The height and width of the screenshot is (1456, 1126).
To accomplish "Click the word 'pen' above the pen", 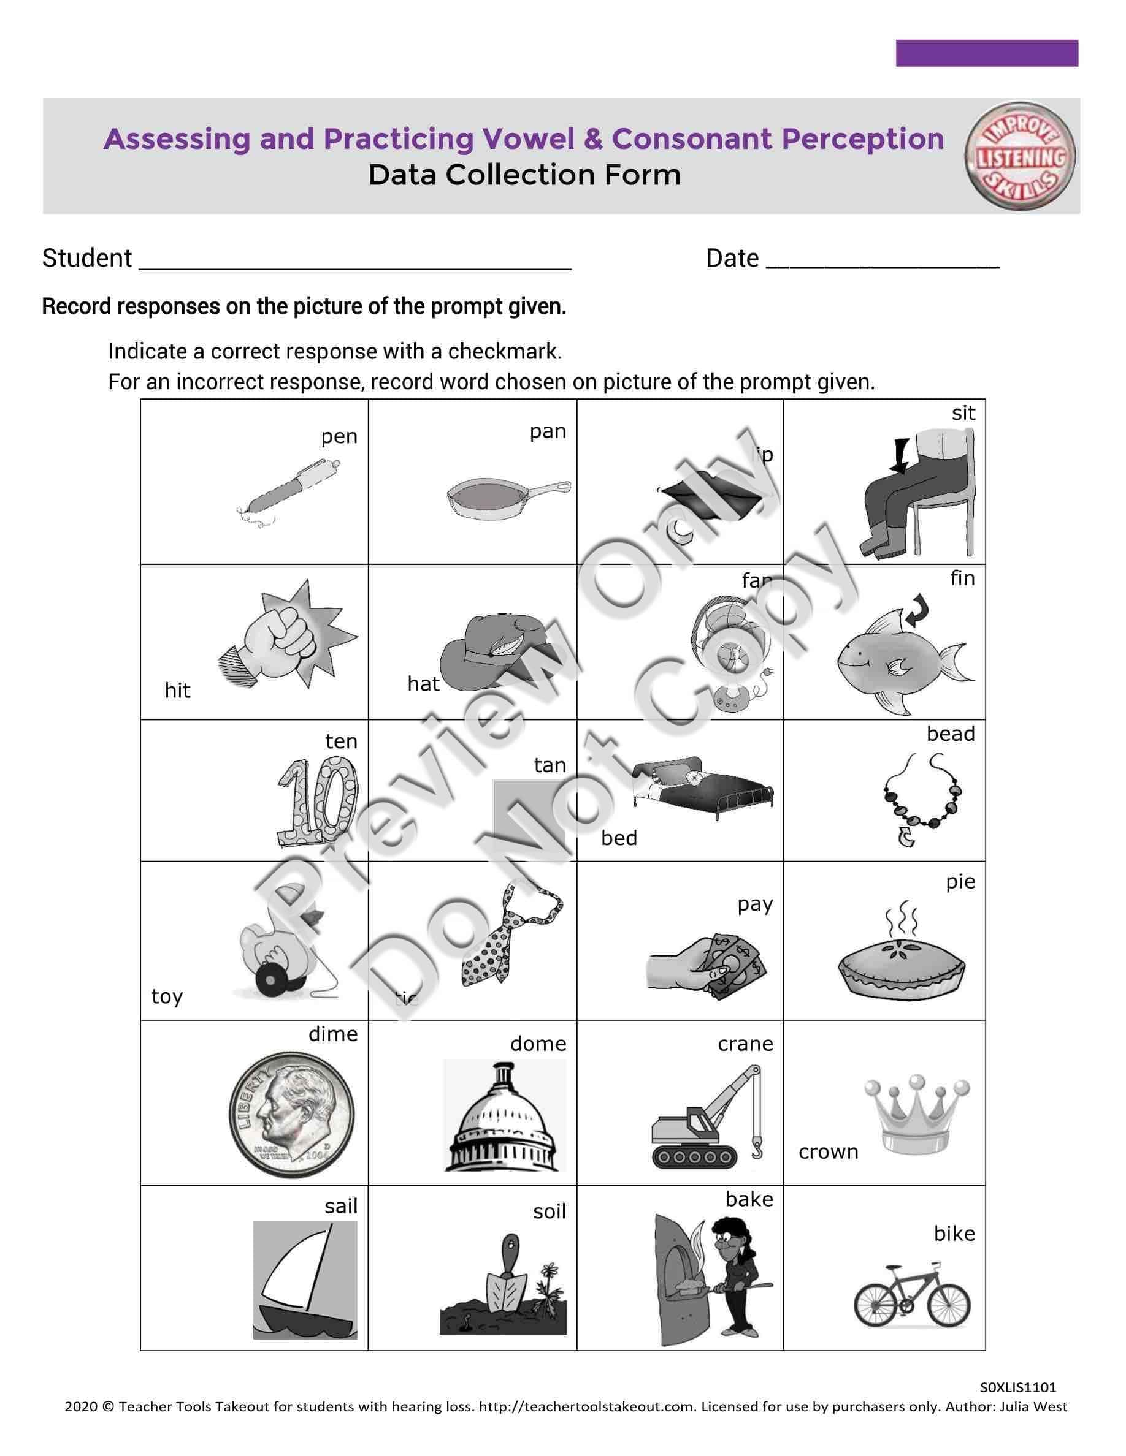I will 339,437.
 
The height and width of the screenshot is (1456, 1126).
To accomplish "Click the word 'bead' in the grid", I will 950,734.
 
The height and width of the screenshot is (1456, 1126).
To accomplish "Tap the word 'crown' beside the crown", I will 828,1151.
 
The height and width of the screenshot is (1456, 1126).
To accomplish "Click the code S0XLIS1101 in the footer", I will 1018,1387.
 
